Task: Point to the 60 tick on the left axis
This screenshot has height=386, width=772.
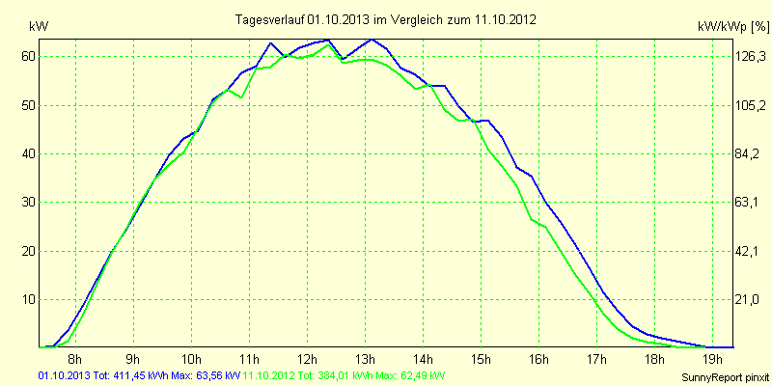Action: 28,56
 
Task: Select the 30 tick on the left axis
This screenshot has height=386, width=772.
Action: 28,202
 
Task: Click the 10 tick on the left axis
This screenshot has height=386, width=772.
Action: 28,299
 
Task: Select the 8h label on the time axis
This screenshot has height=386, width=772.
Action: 74,360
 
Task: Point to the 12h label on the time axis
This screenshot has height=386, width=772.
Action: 307,360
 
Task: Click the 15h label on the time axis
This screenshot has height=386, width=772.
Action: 482,360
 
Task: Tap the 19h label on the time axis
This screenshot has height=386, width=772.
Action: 714,360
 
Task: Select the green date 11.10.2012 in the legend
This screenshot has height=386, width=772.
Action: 269,374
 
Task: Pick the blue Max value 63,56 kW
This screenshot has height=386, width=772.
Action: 218,374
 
